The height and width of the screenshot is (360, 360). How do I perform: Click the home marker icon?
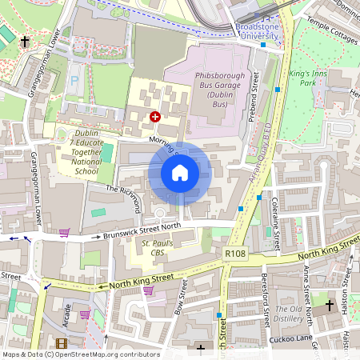click(180, 173)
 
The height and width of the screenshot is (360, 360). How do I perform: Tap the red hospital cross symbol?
click(154, 117)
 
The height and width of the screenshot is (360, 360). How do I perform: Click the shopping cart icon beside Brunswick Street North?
click(64, 233)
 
